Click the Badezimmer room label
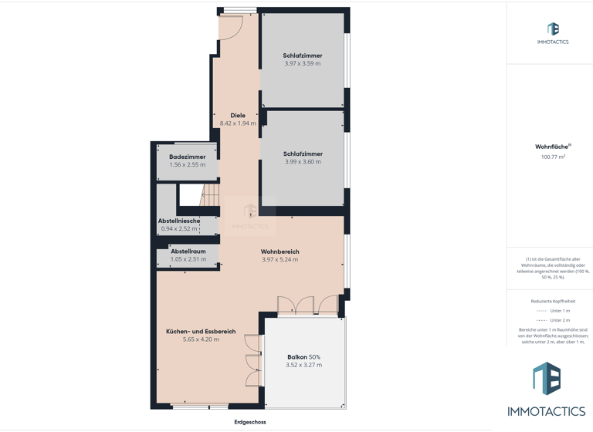coord(187,157)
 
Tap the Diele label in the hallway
coord(238,116)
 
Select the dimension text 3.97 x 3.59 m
coord(303,63)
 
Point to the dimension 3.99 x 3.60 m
coord(303,162)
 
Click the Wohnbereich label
coord(280,251)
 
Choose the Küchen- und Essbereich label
coord(201,332)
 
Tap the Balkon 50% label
coord(303,357)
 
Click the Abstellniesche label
coord(179,221)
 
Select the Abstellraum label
coord(188,251)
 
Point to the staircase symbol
coord(209,196)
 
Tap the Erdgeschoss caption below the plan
coord(250,422)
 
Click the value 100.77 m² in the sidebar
coord(553,157)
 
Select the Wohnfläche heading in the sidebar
coord(552,147)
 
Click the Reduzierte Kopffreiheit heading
coord(553,301)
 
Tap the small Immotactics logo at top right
coord(553,31)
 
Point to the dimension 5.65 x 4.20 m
coord(201,339)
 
